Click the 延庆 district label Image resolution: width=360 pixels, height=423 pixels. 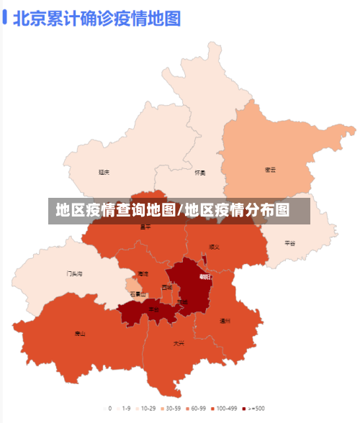point(104,172)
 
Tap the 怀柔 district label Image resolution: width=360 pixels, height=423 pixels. point(200,173)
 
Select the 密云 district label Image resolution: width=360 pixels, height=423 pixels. point(271,170)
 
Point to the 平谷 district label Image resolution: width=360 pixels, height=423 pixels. point(289,243)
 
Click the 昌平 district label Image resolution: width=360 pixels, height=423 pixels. point(145,227)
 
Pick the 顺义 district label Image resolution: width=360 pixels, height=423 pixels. point(214,247)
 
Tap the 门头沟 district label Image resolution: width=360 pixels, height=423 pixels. point(75,273)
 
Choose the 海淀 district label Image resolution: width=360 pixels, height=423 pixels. point(143,274)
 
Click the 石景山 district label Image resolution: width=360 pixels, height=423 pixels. point(138,294)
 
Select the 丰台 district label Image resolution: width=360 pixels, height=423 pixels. point(153,309)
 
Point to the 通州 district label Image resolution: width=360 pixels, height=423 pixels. point(225,321)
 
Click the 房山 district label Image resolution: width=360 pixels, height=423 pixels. point(80,333)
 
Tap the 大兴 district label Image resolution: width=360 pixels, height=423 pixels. point(178,343)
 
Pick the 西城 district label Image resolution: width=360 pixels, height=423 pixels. point(167,287)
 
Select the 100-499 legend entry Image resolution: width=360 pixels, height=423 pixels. point(224,408)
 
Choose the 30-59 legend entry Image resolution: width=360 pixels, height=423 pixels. point(171,408)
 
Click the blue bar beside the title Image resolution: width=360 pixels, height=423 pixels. point(5,17)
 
